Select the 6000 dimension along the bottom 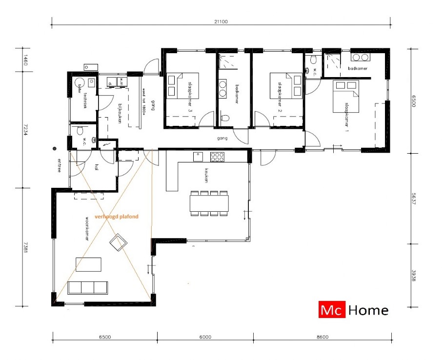click(x=205, y=337)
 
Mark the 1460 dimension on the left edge click(x=20, y=60)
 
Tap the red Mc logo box click(x=332, y=310)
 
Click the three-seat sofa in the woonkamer click(x=88, y=287)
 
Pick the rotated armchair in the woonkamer click(x=119, y=242)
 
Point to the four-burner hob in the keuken click(x=216, y=157)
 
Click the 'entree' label click(x=59, y=166)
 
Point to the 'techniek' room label click(x=85, y=100)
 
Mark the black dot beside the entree click(x=55, y=148)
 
